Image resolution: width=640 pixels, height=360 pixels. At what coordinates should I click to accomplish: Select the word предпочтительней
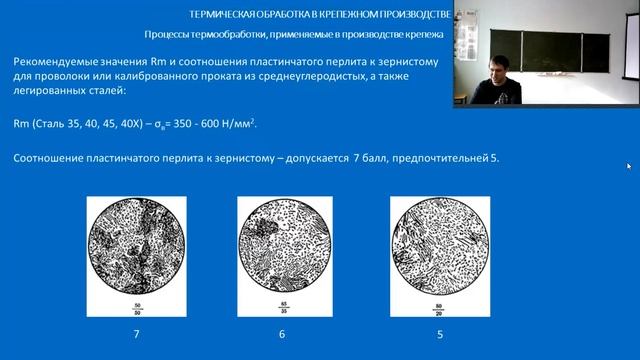coord(431,159)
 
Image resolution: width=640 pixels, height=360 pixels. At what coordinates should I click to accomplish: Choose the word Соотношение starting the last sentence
coord(51,159)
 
